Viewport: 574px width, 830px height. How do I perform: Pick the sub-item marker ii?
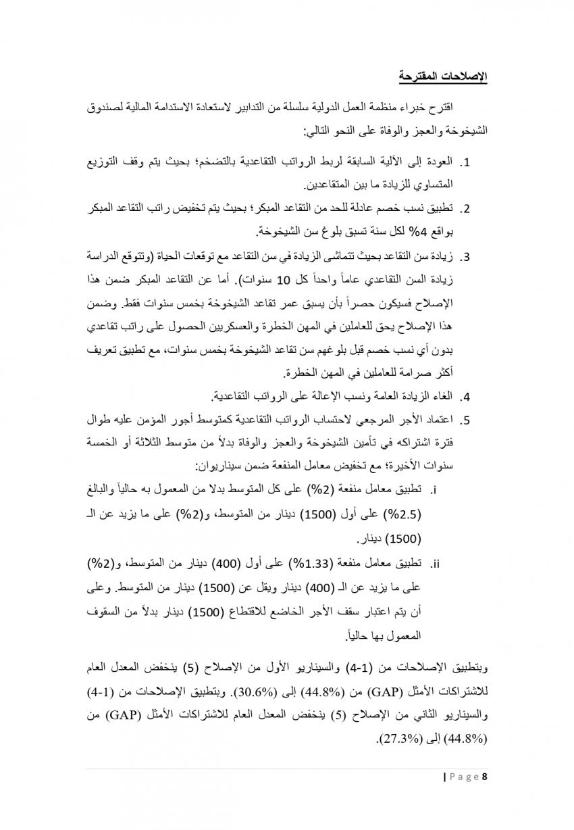click(x=436, y=562)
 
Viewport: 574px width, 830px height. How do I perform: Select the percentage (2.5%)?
click(x=403, y=514)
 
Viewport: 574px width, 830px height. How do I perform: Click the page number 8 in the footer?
click(x=485, y=777)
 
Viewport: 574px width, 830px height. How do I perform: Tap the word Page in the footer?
click(x=464, y=777)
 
